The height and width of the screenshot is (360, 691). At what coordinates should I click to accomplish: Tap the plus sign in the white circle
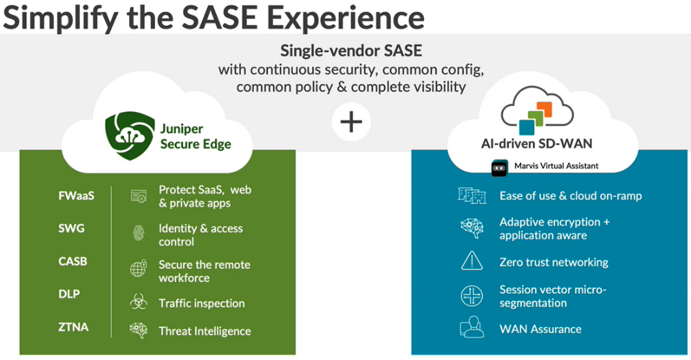click(x=351, y=122)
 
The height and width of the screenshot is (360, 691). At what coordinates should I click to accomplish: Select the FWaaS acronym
click(x=76, y=196)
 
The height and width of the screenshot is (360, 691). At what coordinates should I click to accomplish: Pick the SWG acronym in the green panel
click(x=72, y=228)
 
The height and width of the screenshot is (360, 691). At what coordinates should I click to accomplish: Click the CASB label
click(x=73, y=261)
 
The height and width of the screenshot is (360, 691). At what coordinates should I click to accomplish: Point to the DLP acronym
click(x=69, y=294)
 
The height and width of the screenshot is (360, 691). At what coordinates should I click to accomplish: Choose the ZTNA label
click(x=73, y=327)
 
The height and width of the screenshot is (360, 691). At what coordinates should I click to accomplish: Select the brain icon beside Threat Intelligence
click(x=139, y=331)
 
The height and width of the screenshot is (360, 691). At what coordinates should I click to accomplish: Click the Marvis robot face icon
click(x=500, y=167)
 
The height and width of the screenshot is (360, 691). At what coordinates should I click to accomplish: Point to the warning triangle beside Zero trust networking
click(x=472, y=261)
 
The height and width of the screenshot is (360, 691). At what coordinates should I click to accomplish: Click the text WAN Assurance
click(x=540, y=329)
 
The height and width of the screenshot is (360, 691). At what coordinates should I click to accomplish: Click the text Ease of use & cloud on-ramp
click(x=570, y=196)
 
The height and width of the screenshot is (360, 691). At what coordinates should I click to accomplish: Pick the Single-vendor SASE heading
click(x=351, y=51)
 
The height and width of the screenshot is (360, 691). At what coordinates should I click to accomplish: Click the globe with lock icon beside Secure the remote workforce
click(x=139, y=269)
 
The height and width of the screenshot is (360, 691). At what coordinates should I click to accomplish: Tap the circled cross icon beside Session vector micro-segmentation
click(x=472, y=296)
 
